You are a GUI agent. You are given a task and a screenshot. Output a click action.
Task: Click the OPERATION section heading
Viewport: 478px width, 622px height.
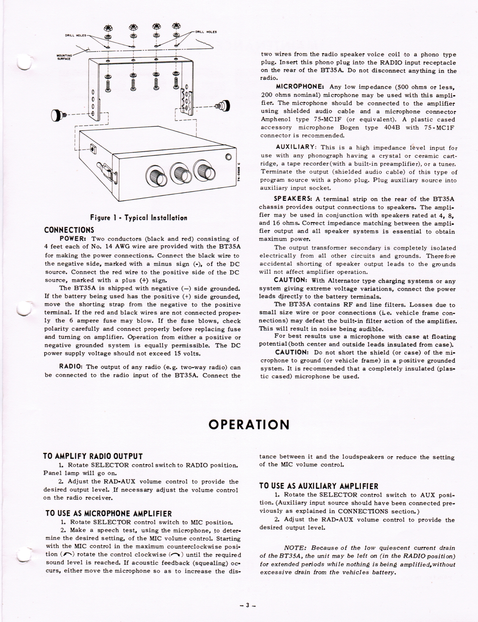pos(249,424)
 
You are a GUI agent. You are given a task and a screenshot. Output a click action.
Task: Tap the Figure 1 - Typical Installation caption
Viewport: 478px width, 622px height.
pos(138,218)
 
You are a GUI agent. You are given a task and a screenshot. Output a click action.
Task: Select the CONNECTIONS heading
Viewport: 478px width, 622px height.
pos(69,230)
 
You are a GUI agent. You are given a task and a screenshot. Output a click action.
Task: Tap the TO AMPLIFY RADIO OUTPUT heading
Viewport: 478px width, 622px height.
pos(93,456)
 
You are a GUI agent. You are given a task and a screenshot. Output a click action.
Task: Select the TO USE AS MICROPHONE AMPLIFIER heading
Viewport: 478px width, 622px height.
pos(108,513)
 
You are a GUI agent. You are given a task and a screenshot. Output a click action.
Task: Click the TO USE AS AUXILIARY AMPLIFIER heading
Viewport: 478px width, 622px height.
pos(319,486)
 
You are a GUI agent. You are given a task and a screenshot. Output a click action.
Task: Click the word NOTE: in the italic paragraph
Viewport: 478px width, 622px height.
pos(296,547)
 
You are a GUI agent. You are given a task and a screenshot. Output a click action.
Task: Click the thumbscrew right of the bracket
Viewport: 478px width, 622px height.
pos(223,105)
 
